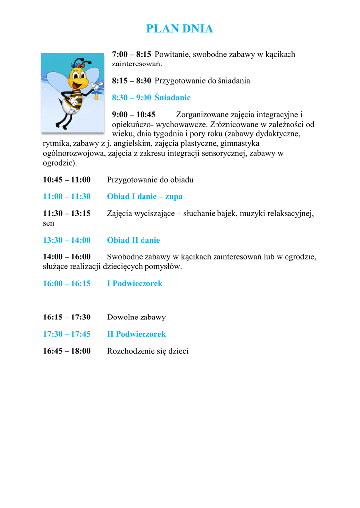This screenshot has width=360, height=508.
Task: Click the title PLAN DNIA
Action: pos(180,29)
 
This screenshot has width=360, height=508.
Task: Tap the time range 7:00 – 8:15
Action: pos(132,54)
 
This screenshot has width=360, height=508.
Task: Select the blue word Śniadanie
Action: pos(172,98)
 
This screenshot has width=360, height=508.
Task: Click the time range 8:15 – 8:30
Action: pos(132,80)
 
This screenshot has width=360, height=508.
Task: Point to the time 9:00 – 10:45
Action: pos(134,115)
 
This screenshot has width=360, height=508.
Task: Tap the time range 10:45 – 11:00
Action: pos(67,180)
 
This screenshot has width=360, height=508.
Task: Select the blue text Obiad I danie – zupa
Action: pos(144,197)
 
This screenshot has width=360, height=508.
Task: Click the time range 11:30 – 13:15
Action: pos(67,214)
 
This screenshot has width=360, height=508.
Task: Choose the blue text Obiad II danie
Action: pos(133,240)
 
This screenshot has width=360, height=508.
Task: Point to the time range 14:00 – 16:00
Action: pos(67,257)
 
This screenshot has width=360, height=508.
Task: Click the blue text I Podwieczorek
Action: pos(135,284)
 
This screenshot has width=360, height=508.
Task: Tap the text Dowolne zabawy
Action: pos(136,317)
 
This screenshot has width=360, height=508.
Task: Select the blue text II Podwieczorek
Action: pos(136,334)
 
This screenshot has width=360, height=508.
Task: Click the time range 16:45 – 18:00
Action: pos(67,351)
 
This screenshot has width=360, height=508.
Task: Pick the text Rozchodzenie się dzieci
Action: pos(147,351)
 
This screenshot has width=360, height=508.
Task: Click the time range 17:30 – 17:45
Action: pos(67,334)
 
